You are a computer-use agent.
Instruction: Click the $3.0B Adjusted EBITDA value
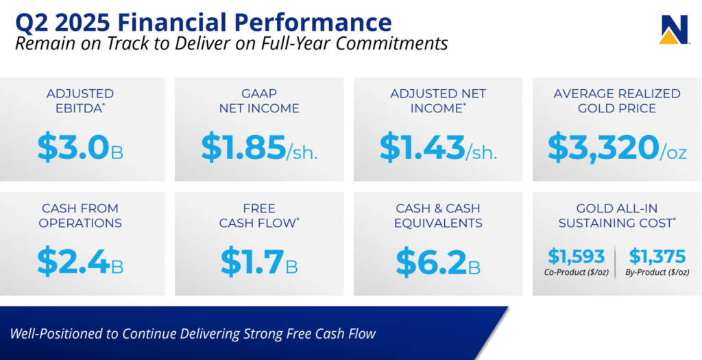pos(80,147)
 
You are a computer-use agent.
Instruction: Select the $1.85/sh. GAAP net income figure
pos(259,147)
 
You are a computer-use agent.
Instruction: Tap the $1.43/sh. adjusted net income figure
pos(438,147)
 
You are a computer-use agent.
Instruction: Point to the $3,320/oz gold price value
pos(617,147)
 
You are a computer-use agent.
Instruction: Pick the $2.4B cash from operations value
pos(80,262)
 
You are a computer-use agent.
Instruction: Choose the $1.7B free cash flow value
pos(259,262)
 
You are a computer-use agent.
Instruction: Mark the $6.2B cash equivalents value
pos(438,262)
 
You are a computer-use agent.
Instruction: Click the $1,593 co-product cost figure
pos(577,256)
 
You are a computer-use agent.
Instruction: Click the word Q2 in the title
pos(34,23)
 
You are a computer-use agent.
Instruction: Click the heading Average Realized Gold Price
pos(617,101)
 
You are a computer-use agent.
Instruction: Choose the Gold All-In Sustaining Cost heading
pos(617,215)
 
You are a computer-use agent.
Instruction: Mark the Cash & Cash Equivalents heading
pos(438,215)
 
